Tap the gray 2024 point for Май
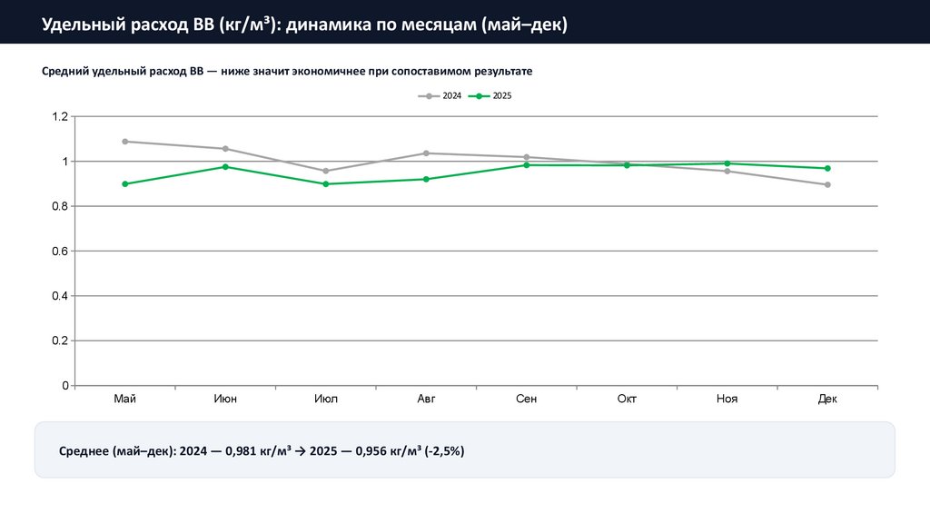pyautogui.click(x=125, y=142)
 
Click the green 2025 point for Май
pyautogui.click(x=125, y=184)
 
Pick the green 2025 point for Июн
pyautogui.click(x=225, y=167)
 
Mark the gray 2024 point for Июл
pyautogui.click(x=326, y=171)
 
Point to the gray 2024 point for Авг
pyautogui.click(x=426, y=153)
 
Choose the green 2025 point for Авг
pyautogui.click(x=426, y=179)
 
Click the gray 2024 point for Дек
pyautogui.click(x=827, y=185)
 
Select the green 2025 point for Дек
pyautogui.click(x=827, y=168)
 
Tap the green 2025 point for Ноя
pyautogui.click(x=727, y=163)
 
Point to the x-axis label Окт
pyautogui.click(x=627, y=400)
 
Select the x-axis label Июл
pyautogui.click(x=326, y=400)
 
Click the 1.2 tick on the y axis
pyautogui.click(x=60, y=117)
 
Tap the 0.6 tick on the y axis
pyautogui.click(x=60, y=252)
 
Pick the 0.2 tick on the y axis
pyautogui.click(x=60, y=341)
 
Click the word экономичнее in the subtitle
pyautogui.click(x=331, y=71)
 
